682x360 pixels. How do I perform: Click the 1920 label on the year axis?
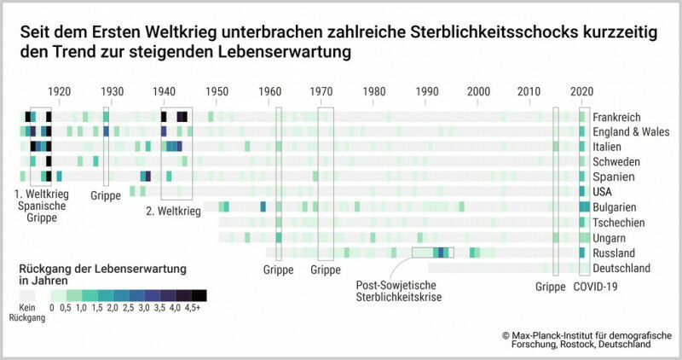point(59,92)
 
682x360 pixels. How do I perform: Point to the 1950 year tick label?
point(217,92)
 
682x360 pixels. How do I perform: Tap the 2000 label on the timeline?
point(479,92)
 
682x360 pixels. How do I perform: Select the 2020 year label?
point(582,92)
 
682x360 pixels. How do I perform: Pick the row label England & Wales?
point(631,132)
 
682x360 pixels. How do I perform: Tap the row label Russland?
point(615,253)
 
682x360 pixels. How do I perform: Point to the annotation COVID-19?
point(595,287)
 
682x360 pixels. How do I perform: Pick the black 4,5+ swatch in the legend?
point(199,295)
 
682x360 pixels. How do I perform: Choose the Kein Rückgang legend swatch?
point(31,295)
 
